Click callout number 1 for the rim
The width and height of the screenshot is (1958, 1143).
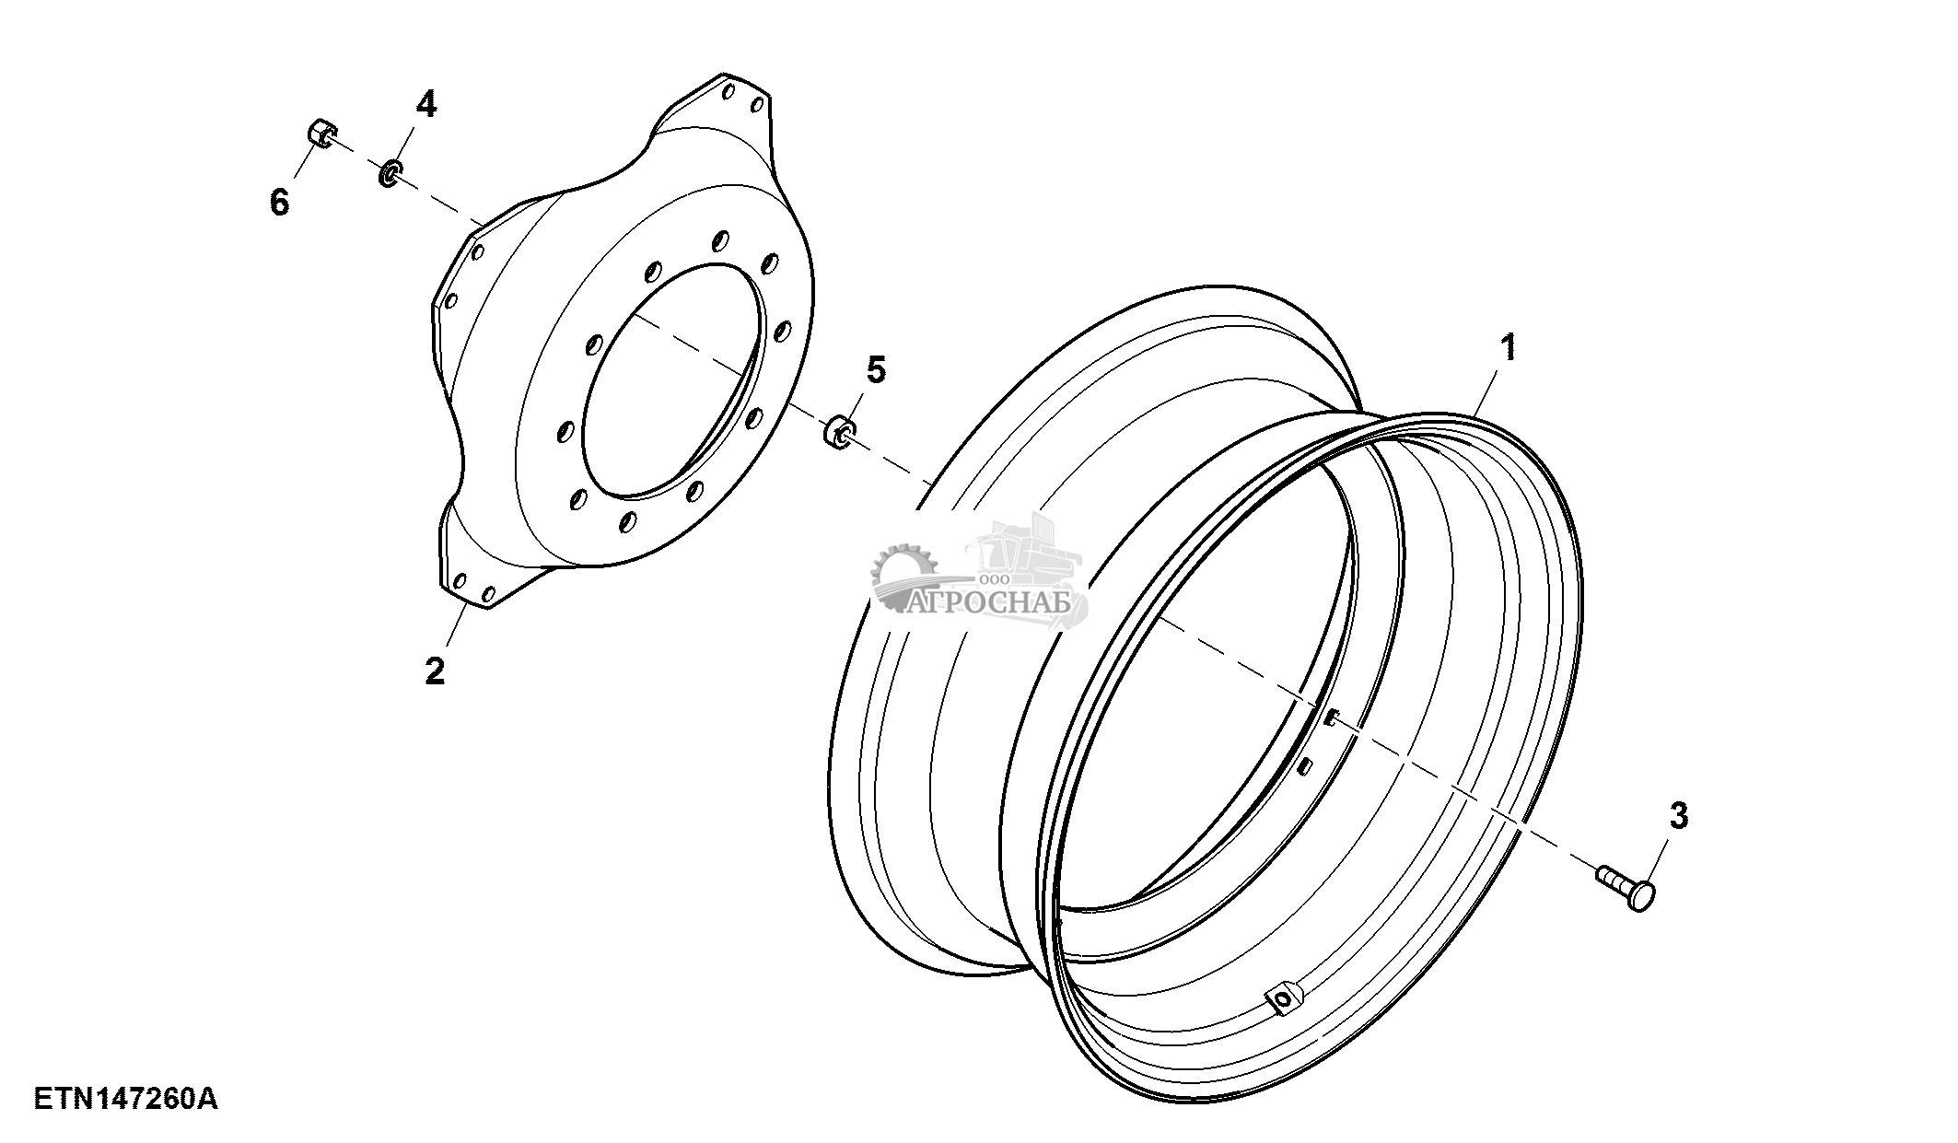[1508, 349]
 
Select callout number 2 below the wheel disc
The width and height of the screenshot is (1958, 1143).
[435, 670]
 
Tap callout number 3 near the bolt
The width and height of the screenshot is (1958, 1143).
[1678, 815]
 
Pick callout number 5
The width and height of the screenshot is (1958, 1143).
[876, 370]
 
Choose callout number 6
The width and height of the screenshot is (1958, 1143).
[279, 201]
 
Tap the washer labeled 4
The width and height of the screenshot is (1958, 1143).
[390, 172]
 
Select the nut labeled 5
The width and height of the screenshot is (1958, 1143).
[839, 431]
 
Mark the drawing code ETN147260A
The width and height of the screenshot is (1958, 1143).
[126, 1099]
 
